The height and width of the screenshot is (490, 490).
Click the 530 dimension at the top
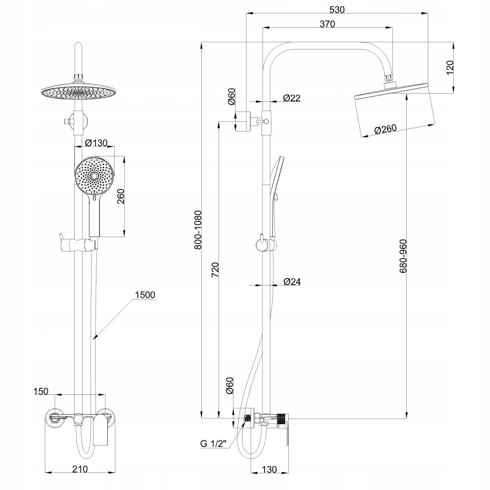pyautogui.click(x=337, y=9)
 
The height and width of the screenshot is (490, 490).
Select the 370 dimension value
pyautogui.click(x=327, y=24)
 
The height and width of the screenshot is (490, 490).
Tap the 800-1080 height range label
pyautogui.click(x=198, y=230)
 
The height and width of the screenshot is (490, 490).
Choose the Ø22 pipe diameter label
pyautogui.click(x=292, y=98)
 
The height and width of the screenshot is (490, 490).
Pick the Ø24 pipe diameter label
pyautogui.click(x=292, y=282)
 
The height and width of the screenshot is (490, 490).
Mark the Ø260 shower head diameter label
pyautogui.click(x=385, y=129)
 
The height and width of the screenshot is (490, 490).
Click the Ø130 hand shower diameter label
pyautogui.click(x=97, y=143)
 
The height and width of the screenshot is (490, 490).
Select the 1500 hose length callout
pyautogui.click(x=145, y=295)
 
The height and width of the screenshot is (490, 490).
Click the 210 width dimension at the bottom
pyautogui.click(x=79, y=470)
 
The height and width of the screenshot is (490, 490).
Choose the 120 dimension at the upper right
pyautogui.click(x=450, y=67)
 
